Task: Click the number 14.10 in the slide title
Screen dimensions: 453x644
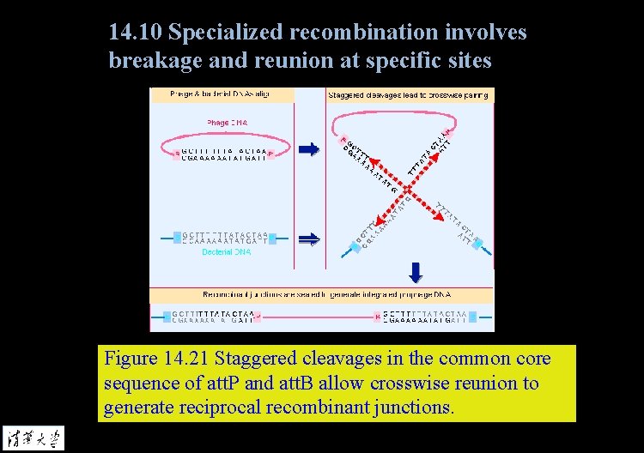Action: [136, 33]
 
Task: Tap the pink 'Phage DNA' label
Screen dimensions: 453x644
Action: [227, 123]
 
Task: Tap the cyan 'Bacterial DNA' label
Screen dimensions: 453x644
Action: [226, 252]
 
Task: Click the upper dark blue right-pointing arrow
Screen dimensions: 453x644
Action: [308, 150]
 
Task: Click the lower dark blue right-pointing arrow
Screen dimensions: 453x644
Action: [308, 239]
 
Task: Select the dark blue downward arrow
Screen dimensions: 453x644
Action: [416, 273]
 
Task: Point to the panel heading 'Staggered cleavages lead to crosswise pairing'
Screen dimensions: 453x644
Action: [408, 95]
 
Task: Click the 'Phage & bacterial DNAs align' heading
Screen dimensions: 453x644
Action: [220, 94]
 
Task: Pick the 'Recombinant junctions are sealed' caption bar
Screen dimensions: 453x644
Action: [322, 295]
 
